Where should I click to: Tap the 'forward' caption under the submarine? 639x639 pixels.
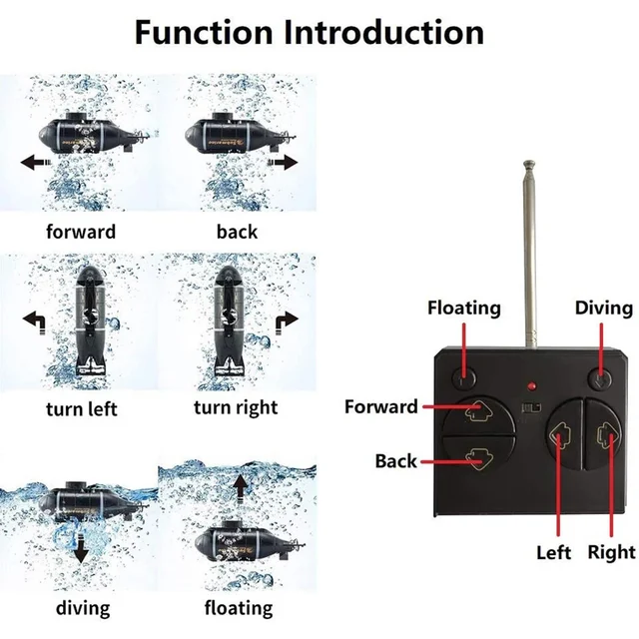pyautogui.click(x=81, y=232)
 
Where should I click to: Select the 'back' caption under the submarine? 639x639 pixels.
pyautogui.click(x=237, y=232)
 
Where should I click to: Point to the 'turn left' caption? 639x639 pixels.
pyautogui.click(x=81, y=408)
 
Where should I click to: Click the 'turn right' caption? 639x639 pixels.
pyautogui.click(x=236, y=407)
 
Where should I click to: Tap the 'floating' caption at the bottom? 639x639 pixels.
pyautogui.click(x=239, y=607)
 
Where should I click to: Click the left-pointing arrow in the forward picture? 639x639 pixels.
pyautogui.click(x=35, y=161)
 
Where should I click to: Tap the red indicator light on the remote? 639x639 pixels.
pyautogui.click(x=532, y=385)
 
